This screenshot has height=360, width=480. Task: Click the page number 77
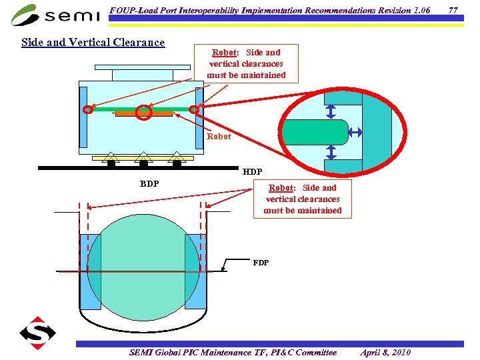454,10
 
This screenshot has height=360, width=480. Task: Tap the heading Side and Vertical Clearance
93,42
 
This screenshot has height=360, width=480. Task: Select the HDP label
253,171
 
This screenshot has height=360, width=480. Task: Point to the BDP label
149,183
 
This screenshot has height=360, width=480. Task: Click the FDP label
261,262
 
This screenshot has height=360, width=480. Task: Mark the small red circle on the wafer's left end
87,109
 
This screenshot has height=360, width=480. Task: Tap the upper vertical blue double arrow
331,111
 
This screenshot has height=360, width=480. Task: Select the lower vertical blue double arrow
331,153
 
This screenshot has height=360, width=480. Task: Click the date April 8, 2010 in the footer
385,352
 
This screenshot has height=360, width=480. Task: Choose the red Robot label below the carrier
219,137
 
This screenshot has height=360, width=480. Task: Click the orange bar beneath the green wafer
143,115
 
